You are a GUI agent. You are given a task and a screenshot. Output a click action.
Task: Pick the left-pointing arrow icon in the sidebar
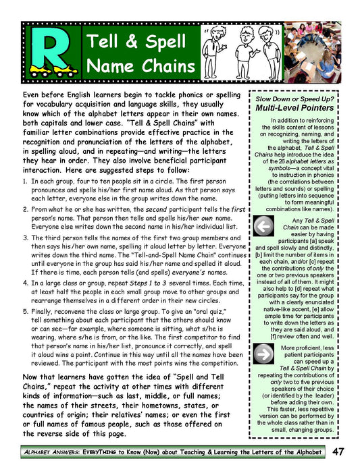(261, 226)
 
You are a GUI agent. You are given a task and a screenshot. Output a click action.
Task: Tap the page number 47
(338, 451)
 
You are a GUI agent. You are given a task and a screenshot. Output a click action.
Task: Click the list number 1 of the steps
(25, 182)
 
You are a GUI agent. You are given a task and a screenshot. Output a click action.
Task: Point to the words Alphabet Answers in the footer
(51, 451)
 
